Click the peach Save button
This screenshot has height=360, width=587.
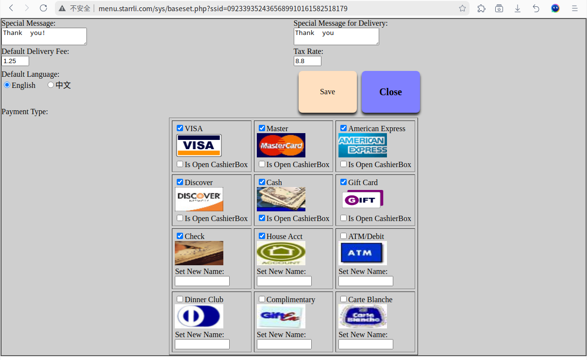[327, 92]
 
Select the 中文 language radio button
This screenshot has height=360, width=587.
[50, 85]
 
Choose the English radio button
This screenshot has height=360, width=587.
[7, 85]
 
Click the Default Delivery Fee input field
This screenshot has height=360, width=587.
[15, 61]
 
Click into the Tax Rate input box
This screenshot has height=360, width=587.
[307, 61]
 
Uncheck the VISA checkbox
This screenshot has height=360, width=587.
[180, 128]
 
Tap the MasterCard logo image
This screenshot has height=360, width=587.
[281, 145]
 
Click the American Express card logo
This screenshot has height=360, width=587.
[362, 145]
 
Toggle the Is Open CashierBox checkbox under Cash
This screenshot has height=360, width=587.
[262, 218]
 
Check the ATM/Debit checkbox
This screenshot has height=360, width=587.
[344, 236]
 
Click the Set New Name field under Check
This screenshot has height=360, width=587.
[202, 281]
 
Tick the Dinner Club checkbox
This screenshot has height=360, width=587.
[180, 299]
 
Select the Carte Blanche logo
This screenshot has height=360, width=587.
[362, 316]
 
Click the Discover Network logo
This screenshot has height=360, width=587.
[199, 199]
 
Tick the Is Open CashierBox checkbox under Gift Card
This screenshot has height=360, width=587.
[344, 218]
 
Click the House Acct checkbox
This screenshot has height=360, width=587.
[262, 236]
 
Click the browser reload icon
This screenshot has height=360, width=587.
[43, 8]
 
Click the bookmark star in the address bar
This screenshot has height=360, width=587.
[462, 8]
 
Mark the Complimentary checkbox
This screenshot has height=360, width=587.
[262, 299]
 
